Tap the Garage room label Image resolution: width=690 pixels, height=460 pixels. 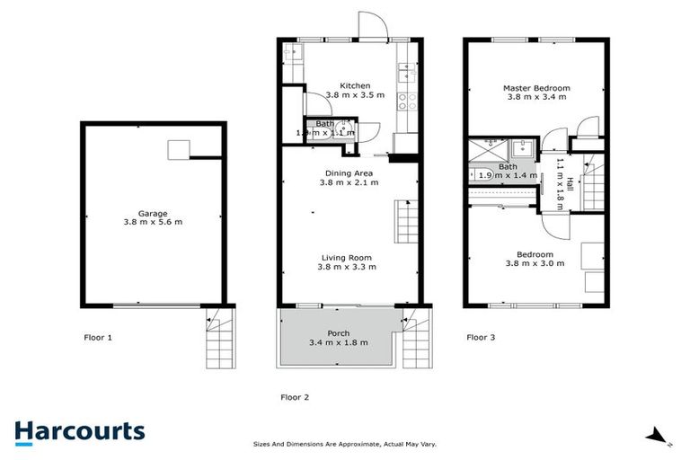153,213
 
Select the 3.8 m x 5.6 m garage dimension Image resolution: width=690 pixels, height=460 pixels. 153,222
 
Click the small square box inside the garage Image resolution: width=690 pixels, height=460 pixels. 180,150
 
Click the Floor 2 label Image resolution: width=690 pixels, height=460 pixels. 296,396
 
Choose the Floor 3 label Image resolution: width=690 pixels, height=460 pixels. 481,338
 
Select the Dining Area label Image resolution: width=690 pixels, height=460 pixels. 349,172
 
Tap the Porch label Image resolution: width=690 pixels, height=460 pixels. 338,333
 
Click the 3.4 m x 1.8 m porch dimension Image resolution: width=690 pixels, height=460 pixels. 338,342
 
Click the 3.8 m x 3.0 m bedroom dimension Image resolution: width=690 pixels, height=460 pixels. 535,263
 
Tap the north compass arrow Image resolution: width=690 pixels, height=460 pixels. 658,438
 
